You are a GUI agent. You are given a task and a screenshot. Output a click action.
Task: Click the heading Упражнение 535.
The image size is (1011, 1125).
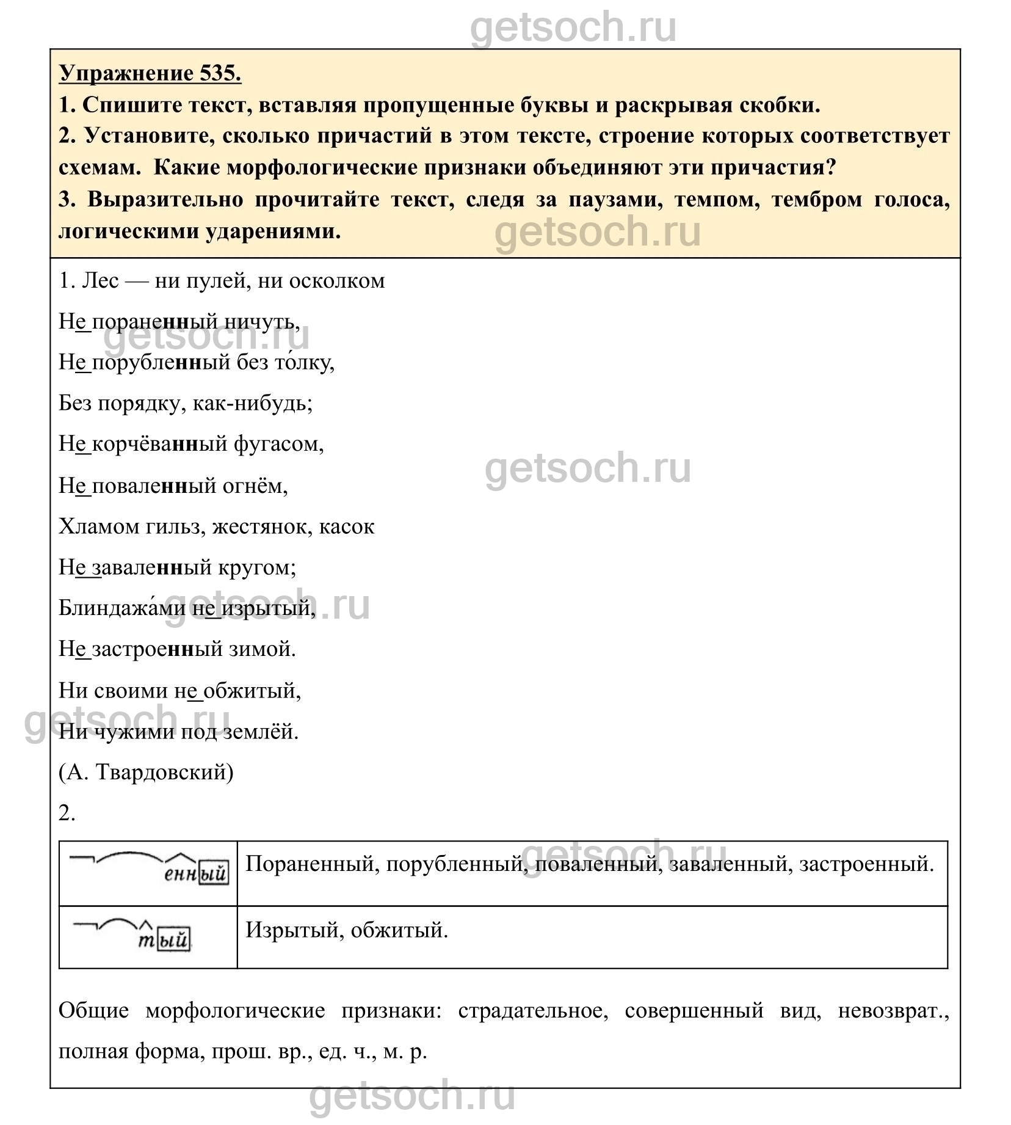click(150, 73)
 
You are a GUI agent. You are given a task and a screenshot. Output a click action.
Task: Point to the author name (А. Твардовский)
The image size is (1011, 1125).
click(146, 773)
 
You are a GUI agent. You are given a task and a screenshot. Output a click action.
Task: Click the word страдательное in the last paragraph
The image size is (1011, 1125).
click(533, 1011)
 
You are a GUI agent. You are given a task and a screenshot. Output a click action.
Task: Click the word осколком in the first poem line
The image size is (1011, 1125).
click(336, 281)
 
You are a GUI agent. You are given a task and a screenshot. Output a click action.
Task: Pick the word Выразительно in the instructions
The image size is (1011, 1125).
click(164, 200)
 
